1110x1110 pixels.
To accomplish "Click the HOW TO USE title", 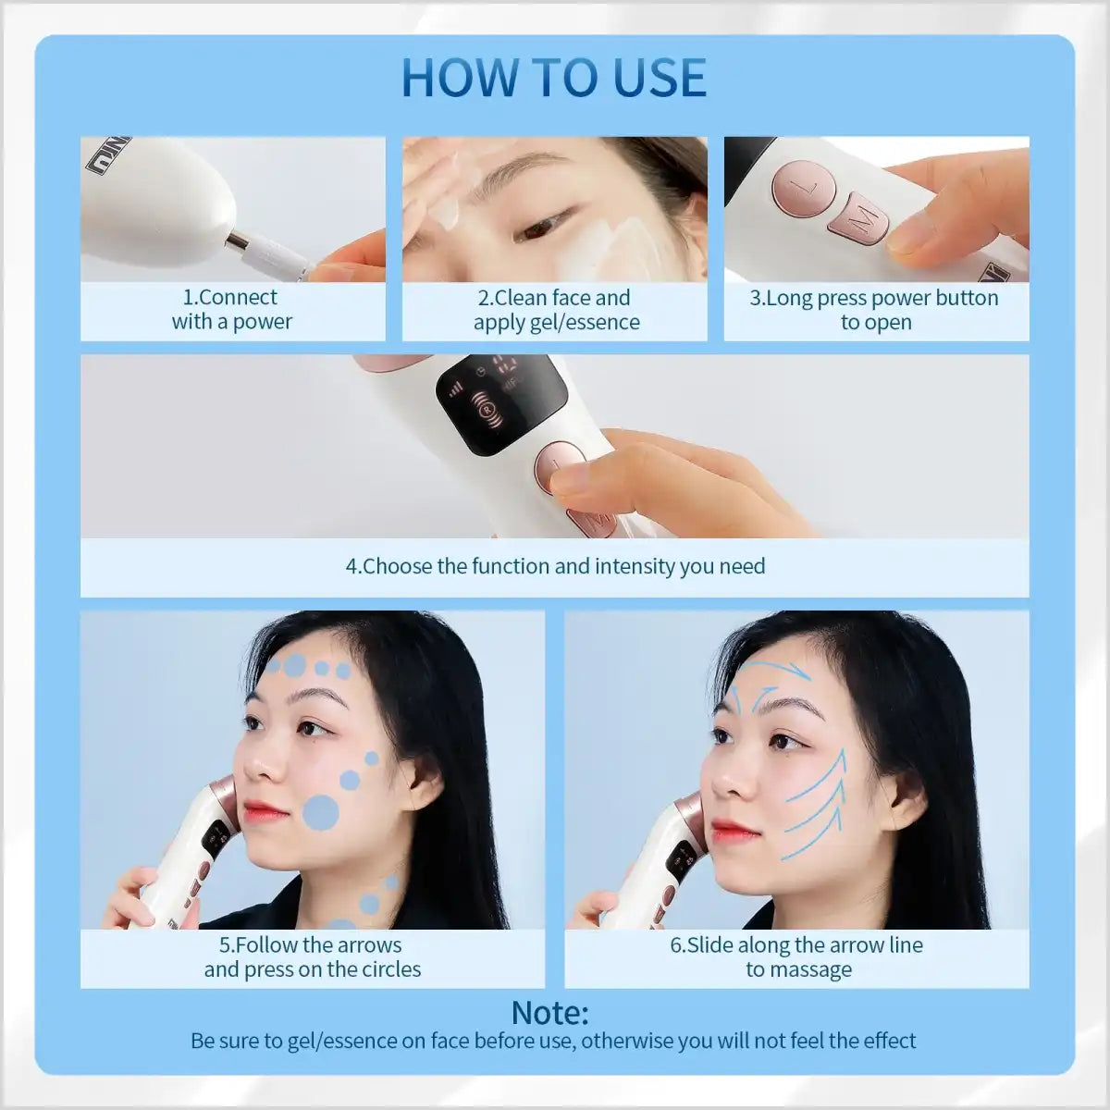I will point(554,77).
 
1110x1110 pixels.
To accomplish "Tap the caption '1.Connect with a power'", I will point(231,310).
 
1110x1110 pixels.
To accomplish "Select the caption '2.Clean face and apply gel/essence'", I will point(555,310).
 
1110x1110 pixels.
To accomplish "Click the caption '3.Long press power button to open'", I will point(875,310).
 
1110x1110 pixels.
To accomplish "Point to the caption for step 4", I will point(555,566).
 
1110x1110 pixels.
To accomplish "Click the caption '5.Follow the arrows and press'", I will point(312,957).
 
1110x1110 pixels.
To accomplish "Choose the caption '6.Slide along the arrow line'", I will point(797,957).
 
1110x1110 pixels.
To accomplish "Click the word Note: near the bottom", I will point(549,1012).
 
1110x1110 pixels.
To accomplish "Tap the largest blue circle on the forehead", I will point(295,665).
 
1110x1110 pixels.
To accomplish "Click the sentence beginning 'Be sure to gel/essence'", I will point(553,1041).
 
